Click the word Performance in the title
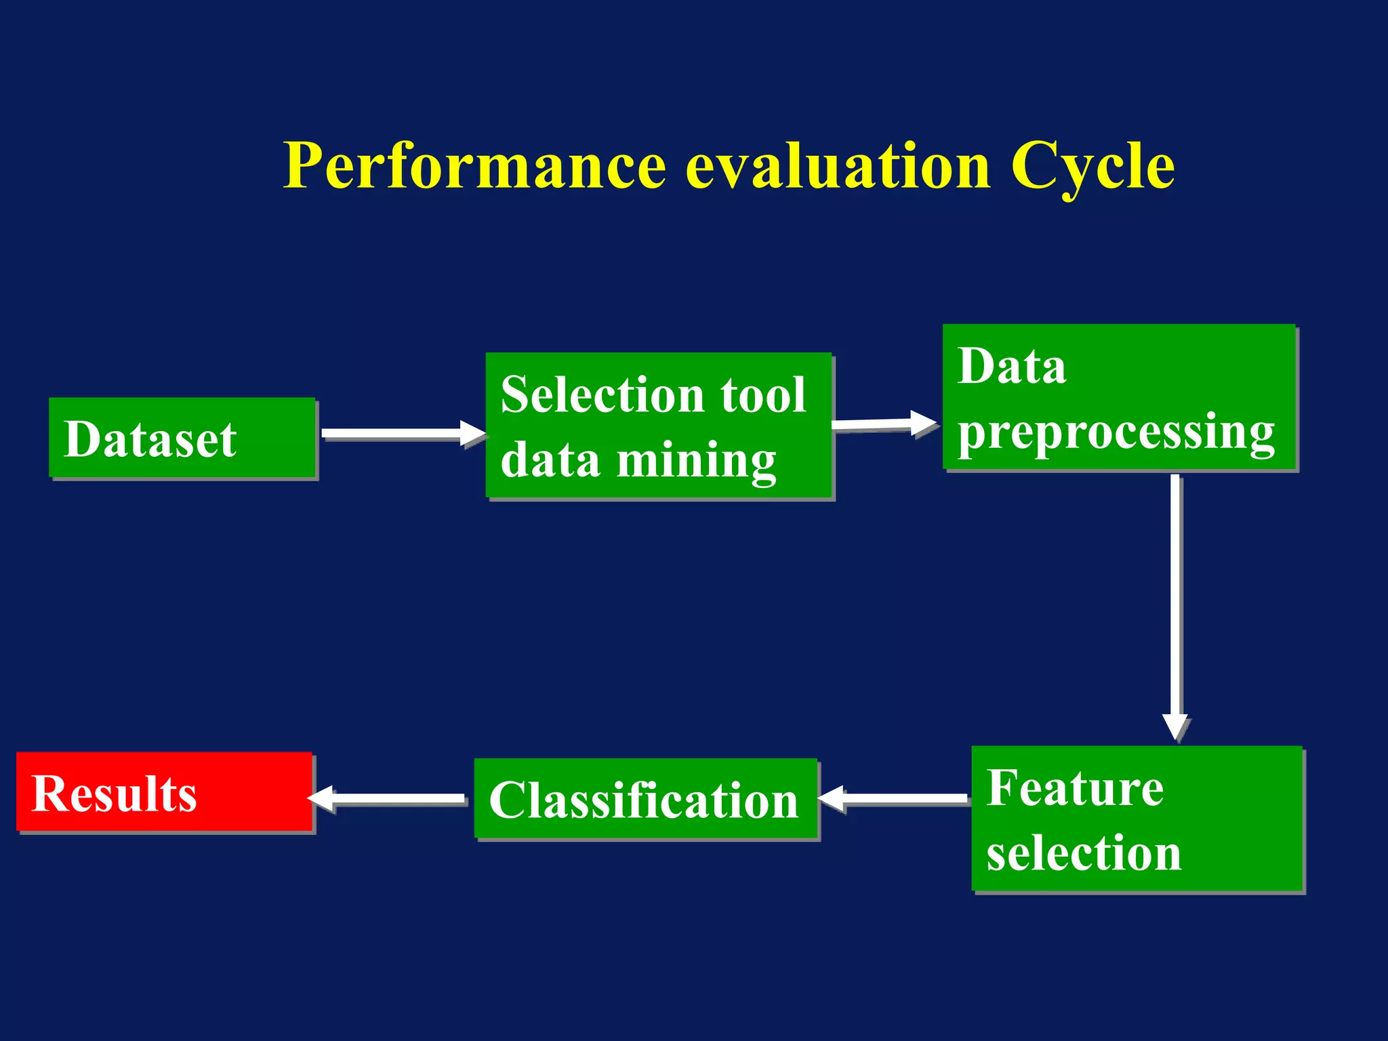pos(474,166)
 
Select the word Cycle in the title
pos(1092,166)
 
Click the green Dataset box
pos(182,438)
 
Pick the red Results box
pos(164,792)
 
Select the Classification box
pos(646,799)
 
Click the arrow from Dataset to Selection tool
pos(400,434)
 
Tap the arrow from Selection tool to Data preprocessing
pos(881,424)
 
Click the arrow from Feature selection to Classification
pos(895,798)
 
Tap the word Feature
pos(1075,788)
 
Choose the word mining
pos(696,461)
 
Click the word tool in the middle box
pos(763,394)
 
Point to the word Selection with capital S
pos(603,394)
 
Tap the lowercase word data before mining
pos(550,461)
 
